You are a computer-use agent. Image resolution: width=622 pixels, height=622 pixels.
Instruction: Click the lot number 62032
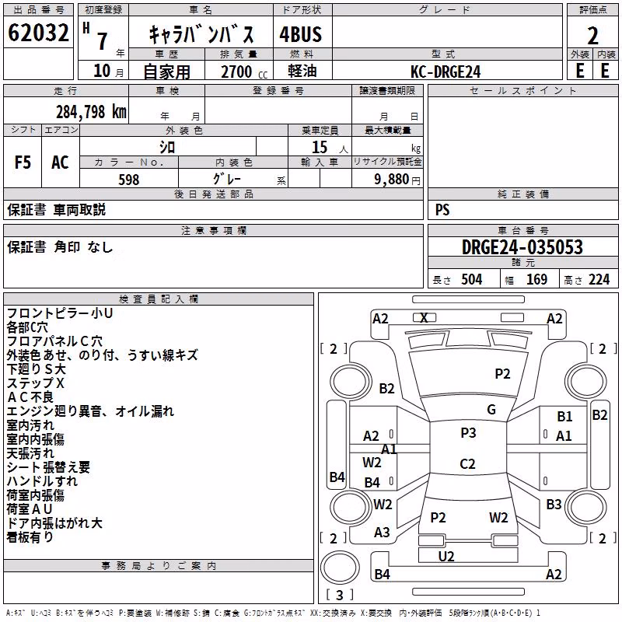pyautogui.click(x=38, y=33)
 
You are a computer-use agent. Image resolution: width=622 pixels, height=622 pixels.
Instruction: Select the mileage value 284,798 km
pyautogui.click(x=91, y=112)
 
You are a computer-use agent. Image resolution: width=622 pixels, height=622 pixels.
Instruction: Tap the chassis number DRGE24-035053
pyautogui.click(x=522, y=247)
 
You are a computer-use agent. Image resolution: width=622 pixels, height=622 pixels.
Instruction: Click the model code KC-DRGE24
pyautogui.click(x=446, y=72)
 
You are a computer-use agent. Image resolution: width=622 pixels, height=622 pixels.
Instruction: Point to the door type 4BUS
pyautogui.click(x=301, y=34)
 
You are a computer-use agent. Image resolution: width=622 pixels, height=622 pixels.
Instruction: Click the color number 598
pyautogui.click(x=129, y=180)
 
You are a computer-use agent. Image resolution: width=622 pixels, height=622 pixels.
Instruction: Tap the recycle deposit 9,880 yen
pyautogui.click(x=397, y=180)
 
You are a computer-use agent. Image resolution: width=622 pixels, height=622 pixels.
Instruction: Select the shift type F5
pyautogui.click(x=23, y=162)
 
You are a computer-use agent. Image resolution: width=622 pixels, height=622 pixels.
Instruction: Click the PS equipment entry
pyautogui.click(x=442, y=209)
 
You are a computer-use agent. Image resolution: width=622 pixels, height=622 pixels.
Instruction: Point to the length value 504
pyautogui.click(x=472, y=280)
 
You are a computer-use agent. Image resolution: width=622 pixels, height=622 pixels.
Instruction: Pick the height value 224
pyautogui.click(x=599, y=280)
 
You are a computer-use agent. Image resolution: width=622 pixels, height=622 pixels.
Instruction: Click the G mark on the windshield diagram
pyautogui.click(x=491, y=410)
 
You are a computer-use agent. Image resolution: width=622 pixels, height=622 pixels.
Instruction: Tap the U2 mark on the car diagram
pyautogui.click(x=446, y=557)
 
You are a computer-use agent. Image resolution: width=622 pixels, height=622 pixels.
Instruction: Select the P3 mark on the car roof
pyautogui.click(x=468, y=433)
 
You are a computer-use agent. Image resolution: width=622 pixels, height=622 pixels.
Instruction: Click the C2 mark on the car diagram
pyautogui.click(x=467, y=463)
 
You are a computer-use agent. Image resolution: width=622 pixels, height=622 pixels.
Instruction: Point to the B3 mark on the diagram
pyautogui.click(x=554, y=505)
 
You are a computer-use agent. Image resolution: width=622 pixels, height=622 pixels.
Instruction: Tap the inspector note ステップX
pyautogui.click(x=35, y=383)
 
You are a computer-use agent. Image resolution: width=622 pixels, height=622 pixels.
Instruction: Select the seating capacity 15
pyautogui.click(x=320, y=147)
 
